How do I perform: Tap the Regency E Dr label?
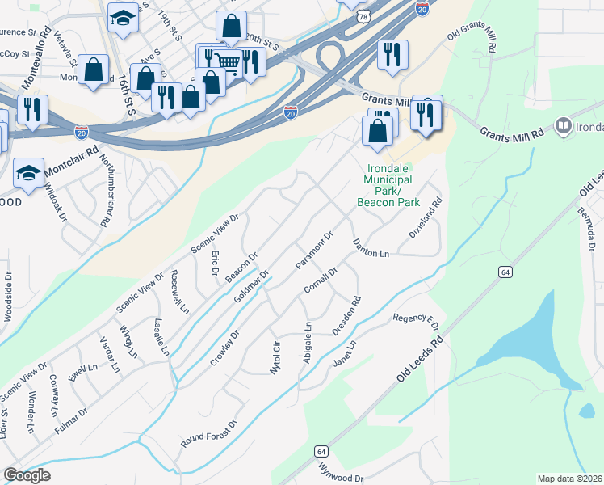pyautogui.click(x=416, y=323)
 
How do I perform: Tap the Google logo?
pyautogui.click(x=27, y=474)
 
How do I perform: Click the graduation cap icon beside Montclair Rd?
pyautogui.click(x=29, y=173)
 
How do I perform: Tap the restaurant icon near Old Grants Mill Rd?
pyautogui.click(x=392, y=55)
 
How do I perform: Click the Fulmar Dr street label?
pyautogui.click(x=72, y=424)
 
